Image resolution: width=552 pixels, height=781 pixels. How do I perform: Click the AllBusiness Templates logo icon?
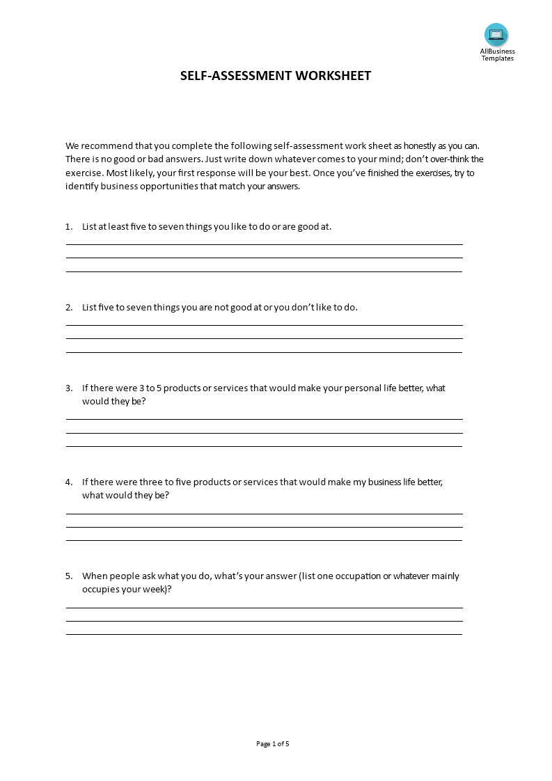(496, 35)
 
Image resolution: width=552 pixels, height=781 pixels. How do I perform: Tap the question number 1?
(69, 226)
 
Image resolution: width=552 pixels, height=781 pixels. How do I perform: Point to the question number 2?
(69, 307)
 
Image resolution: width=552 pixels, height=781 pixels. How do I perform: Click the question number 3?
(69, 388)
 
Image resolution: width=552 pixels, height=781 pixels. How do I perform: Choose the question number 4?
(69, 482)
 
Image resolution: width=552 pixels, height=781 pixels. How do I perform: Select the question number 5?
(69, 576)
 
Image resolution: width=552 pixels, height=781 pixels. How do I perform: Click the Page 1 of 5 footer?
(273, 743)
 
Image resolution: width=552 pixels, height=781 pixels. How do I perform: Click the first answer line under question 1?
(264, 244)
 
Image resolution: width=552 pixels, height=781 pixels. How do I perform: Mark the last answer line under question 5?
(264, 634)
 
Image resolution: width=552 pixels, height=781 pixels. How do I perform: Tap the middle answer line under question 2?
(264, 338)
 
